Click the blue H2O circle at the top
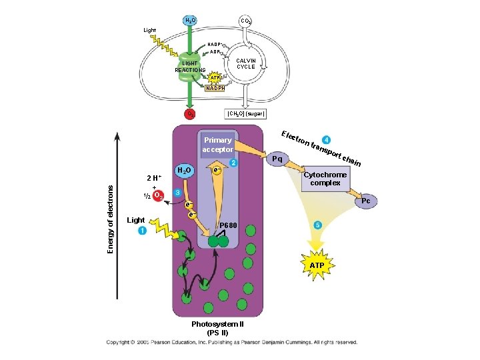190,21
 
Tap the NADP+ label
215,44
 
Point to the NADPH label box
215,88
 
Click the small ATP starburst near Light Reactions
215,77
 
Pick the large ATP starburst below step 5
317,265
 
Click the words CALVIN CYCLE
246,63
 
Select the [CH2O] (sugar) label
246,114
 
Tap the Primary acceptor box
218,145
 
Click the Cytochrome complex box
325,179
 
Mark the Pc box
366,201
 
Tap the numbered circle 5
318,225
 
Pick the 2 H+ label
155,178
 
